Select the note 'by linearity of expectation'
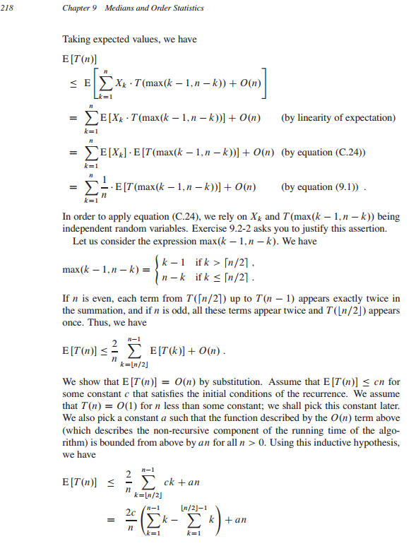[x=338, y=117]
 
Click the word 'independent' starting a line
[x=87, y=228]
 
